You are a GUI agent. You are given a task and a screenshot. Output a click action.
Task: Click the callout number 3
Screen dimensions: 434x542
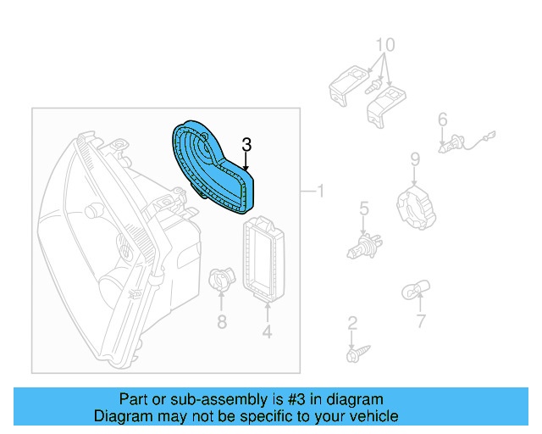click(246, 145)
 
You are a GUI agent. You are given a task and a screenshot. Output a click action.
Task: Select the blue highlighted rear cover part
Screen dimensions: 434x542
click(211, 164)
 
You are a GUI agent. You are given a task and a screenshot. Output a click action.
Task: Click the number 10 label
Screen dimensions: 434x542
click(384, 44)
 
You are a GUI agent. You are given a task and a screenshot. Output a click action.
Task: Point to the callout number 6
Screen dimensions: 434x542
click(442, 121)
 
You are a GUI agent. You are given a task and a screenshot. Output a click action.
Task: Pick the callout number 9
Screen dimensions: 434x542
click(415, 159)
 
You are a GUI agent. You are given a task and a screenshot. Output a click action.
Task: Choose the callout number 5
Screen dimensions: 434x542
click(363, 208)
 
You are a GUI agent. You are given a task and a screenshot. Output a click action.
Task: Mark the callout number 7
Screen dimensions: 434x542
click(420, 321)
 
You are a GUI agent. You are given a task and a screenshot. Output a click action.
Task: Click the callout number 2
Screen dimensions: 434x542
click(352, 322)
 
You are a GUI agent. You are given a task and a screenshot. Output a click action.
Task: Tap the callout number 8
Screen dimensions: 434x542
click(221, 321)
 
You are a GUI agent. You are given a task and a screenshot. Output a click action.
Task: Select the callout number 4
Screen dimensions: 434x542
click(267, 332)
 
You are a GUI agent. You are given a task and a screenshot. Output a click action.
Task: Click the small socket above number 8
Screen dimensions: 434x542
click(219, 281)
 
